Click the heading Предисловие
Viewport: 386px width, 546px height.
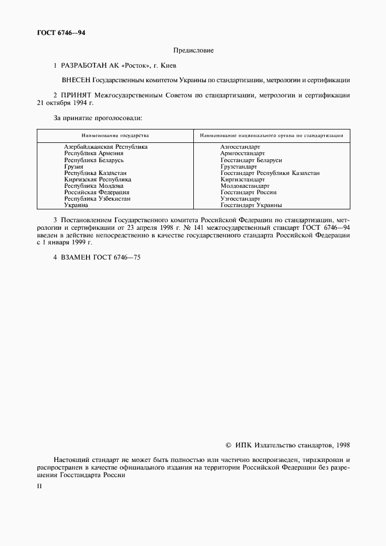point(193,51)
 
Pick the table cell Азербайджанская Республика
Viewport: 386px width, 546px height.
point(105,147)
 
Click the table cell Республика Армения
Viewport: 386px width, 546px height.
point(93,153)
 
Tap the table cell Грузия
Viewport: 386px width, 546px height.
point(74,166)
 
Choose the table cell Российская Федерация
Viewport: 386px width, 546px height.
point(96,192)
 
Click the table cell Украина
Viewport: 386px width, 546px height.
point(76,205)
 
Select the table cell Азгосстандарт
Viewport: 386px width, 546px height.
point(240,147)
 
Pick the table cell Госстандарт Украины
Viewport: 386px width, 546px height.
point(251,205)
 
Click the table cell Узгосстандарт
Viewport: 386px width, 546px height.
point(240,198)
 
